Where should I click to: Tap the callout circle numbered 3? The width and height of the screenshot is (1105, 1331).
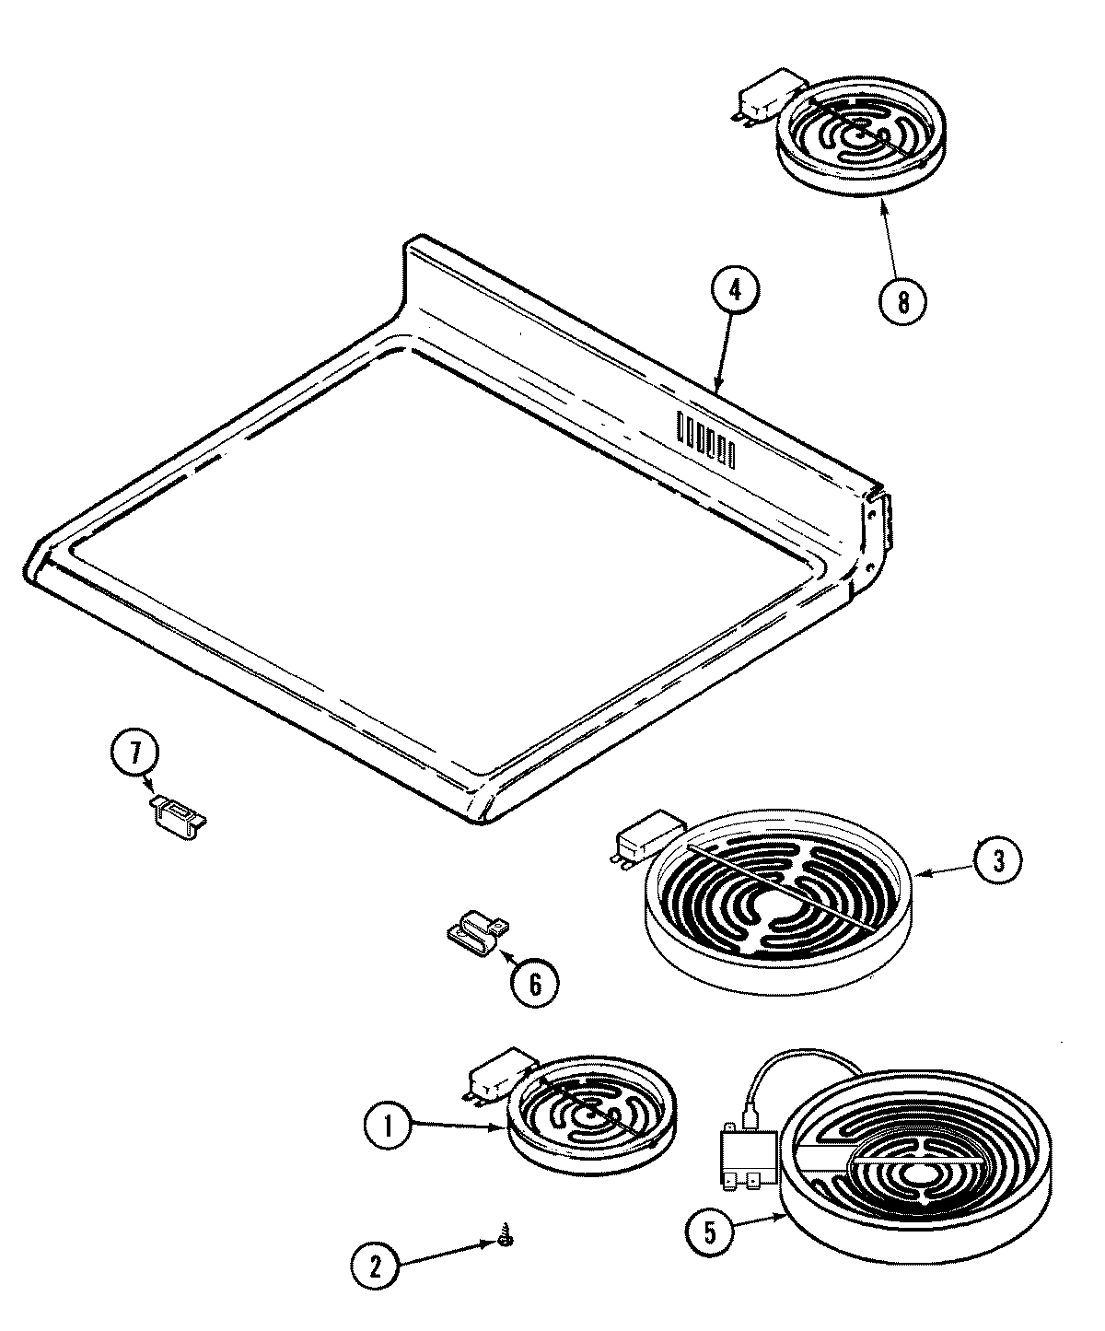(x=997, y=860)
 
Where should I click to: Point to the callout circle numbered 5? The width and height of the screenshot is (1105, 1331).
(x=710, y=1231)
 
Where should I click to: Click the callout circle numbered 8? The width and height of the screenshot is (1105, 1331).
(x=902, y=301)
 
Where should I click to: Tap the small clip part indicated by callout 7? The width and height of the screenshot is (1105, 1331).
(x=177, y=814)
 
